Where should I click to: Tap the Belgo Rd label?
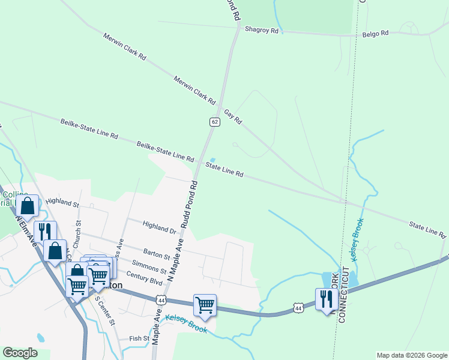point(376,34)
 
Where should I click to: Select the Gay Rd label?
point(233,116)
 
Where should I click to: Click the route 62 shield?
point(214,122)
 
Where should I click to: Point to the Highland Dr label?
point(159,227)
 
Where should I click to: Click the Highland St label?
point(62,202)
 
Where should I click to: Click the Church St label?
point(76,236)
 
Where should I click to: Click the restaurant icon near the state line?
point(325,298)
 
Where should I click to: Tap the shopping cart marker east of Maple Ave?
point(205,304)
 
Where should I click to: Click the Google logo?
point(20,353)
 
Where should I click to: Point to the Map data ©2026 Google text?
point(411,355)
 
